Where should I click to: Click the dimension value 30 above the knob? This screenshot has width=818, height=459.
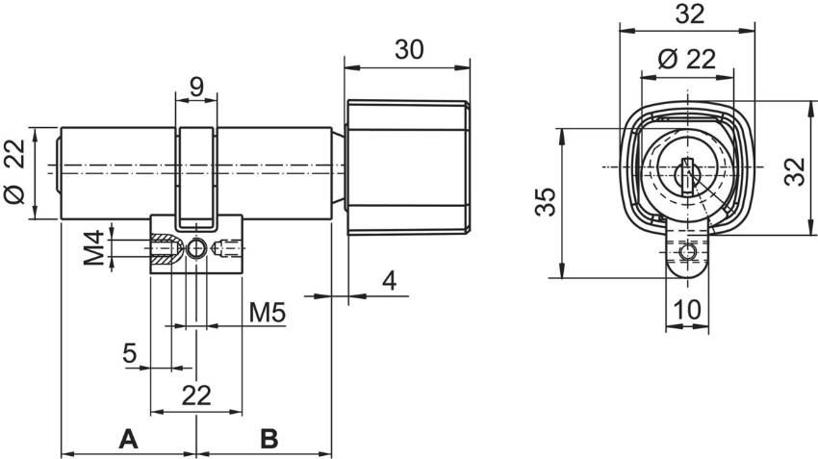point(409,50)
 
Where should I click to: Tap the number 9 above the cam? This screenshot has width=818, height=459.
point(196,87)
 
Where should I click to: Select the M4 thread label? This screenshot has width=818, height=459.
point(92,249)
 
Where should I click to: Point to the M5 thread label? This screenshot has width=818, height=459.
point(267,313)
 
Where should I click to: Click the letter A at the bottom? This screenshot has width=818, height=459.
point(127,440)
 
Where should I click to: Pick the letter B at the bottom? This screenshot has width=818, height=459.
point(268,440)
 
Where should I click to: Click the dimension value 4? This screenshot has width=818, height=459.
point(389,281)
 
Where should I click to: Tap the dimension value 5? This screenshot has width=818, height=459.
point(130,353)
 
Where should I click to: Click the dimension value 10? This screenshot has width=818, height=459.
point(687,311)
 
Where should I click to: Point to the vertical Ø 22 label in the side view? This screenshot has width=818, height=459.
point(13,173)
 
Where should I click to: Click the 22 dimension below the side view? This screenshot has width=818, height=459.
point(196,394)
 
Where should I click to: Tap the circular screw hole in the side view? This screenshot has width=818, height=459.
point(197,248)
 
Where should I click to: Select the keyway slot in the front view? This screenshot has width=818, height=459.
point(687,173)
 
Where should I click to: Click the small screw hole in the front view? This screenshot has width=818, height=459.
point(686,252)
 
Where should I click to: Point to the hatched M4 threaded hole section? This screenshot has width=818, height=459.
point(167,248)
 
